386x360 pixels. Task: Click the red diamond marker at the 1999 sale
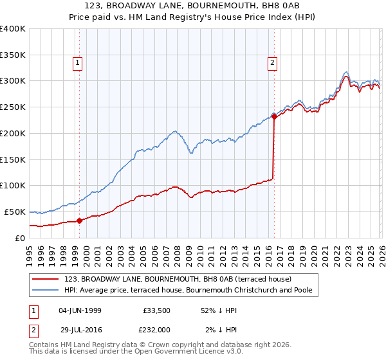click(80, 221)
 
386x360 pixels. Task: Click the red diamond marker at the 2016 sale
click(273, 116)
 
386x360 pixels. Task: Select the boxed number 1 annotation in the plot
click(77, 63)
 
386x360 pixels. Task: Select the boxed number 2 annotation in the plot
click(272, 63)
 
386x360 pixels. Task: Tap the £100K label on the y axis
click(13, 186)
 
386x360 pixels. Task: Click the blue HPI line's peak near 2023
click(346, 71)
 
